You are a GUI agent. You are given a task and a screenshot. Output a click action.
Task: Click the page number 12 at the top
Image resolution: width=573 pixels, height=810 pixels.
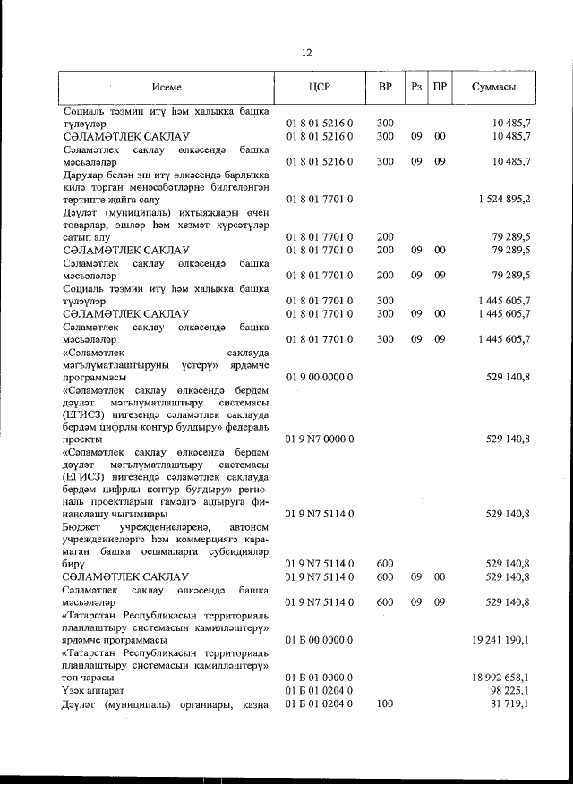click(x=306, y=53)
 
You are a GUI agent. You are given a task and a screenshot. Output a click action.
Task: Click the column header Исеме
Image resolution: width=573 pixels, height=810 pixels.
click(x=167, y=88)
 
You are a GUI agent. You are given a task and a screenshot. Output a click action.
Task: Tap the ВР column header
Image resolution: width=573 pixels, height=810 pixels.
click(x=385, y=88)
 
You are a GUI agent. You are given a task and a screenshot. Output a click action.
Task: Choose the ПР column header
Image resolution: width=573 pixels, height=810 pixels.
click(x=440, y=88)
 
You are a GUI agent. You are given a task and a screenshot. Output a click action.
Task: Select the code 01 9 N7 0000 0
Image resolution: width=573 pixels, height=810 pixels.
click(x=320, y=439)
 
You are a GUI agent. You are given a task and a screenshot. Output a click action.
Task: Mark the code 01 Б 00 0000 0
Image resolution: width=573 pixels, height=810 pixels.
click(x=320, y=641)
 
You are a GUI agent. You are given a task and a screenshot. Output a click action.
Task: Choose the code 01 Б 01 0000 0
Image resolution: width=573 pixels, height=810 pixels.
click(x=320, y=678)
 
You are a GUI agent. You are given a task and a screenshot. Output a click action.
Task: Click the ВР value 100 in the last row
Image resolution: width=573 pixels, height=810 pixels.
click(x=385, y=704)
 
